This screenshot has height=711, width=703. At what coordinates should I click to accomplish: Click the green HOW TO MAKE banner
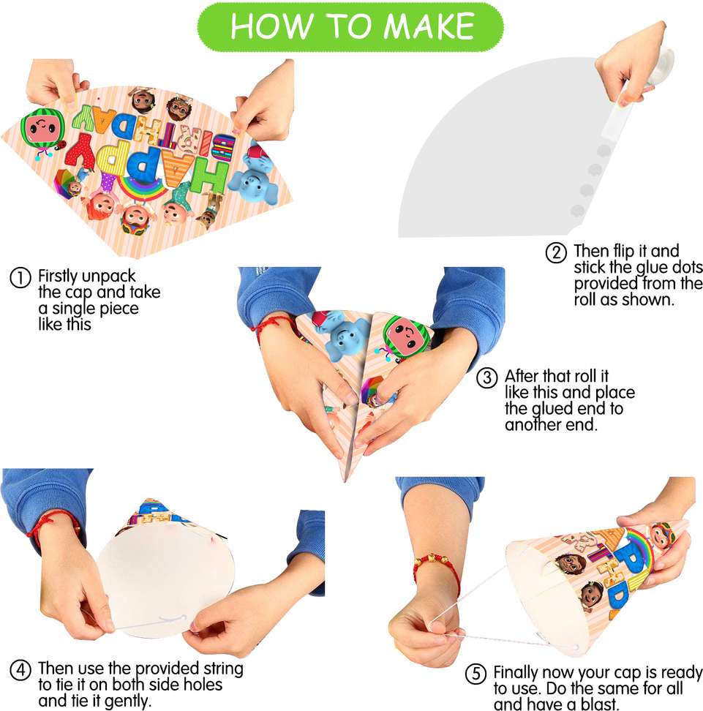coord(350,26)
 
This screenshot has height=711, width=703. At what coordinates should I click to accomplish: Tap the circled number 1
coord(20,277)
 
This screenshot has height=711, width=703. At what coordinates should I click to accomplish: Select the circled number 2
coord(556,252)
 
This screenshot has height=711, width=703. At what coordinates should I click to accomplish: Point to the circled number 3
coord(487,377)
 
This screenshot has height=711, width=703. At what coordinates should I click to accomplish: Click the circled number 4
coord(20,670)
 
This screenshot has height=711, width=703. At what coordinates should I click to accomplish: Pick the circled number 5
coord(475,674)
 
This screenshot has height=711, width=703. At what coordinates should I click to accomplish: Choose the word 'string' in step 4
coord(223,669)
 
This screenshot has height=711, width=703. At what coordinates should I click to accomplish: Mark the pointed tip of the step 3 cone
coord(345,481)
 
